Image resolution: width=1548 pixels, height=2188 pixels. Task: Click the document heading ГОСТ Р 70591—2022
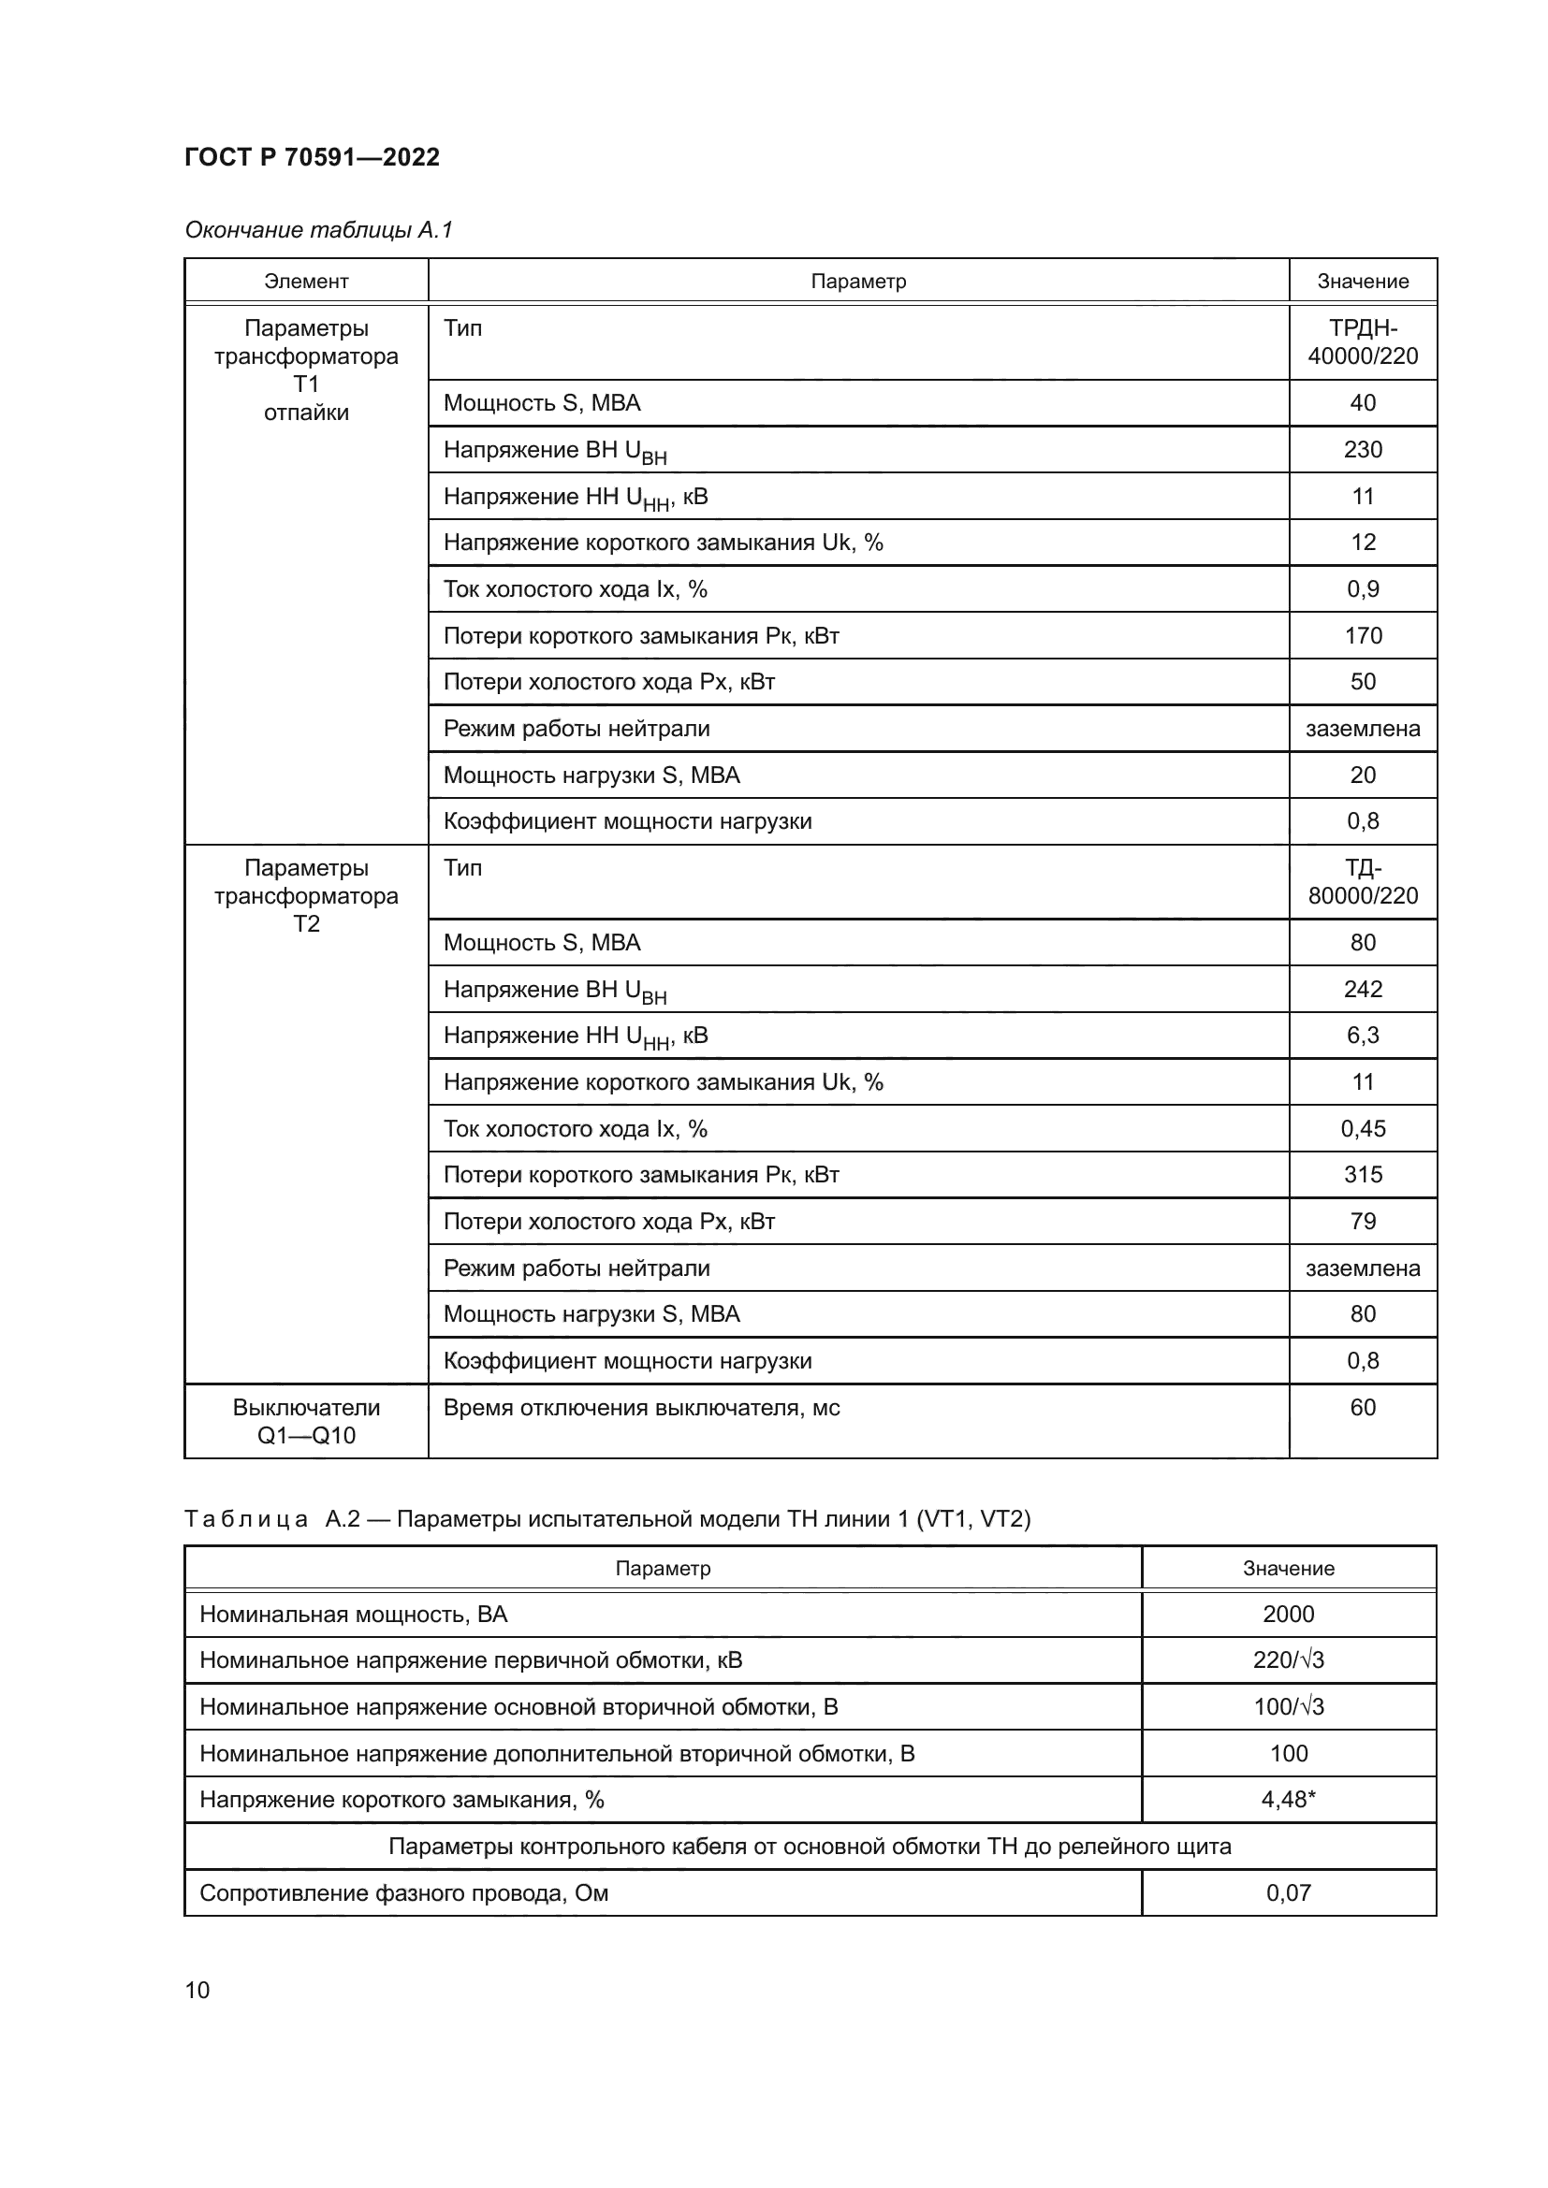tap(312, 157)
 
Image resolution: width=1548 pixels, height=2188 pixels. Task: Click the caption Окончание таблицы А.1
tap(318, 230)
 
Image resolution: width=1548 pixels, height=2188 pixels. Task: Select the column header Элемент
tap(306, 282)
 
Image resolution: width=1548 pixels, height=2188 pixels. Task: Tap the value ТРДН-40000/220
tap(1362, 342)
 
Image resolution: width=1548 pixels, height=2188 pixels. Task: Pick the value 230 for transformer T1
tap(1362, 450)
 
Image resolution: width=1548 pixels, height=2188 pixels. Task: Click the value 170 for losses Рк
tap(1362, 635)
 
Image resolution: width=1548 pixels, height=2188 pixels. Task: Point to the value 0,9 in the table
tap(1362, 589)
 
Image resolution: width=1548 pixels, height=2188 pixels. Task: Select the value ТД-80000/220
tap(1362, 881)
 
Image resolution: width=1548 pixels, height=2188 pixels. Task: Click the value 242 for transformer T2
tap(1362, 989)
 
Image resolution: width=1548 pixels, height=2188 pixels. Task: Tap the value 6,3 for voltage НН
tap(1362, 1035)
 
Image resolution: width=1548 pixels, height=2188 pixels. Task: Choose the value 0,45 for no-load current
tap(1362, 1128)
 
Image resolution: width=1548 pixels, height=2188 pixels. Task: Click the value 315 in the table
tap(1362, 1174)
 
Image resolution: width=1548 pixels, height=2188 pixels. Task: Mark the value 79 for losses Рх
tap(1362, 1221)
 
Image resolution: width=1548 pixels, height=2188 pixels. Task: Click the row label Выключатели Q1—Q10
tap(306, 1421)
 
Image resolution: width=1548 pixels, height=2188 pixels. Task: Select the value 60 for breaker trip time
tap(1362, 1408)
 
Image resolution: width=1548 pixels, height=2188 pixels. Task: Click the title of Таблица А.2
tap(607, 1519)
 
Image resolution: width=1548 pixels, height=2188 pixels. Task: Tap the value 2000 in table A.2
tap(1288, 1615)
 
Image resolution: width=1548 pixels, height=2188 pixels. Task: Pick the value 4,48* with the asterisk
tap(1288, 1799)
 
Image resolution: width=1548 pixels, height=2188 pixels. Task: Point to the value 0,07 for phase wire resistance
tap(1288, 1892)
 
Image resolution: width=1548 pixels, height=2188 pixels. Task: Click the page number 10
tap(197, 1990)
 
